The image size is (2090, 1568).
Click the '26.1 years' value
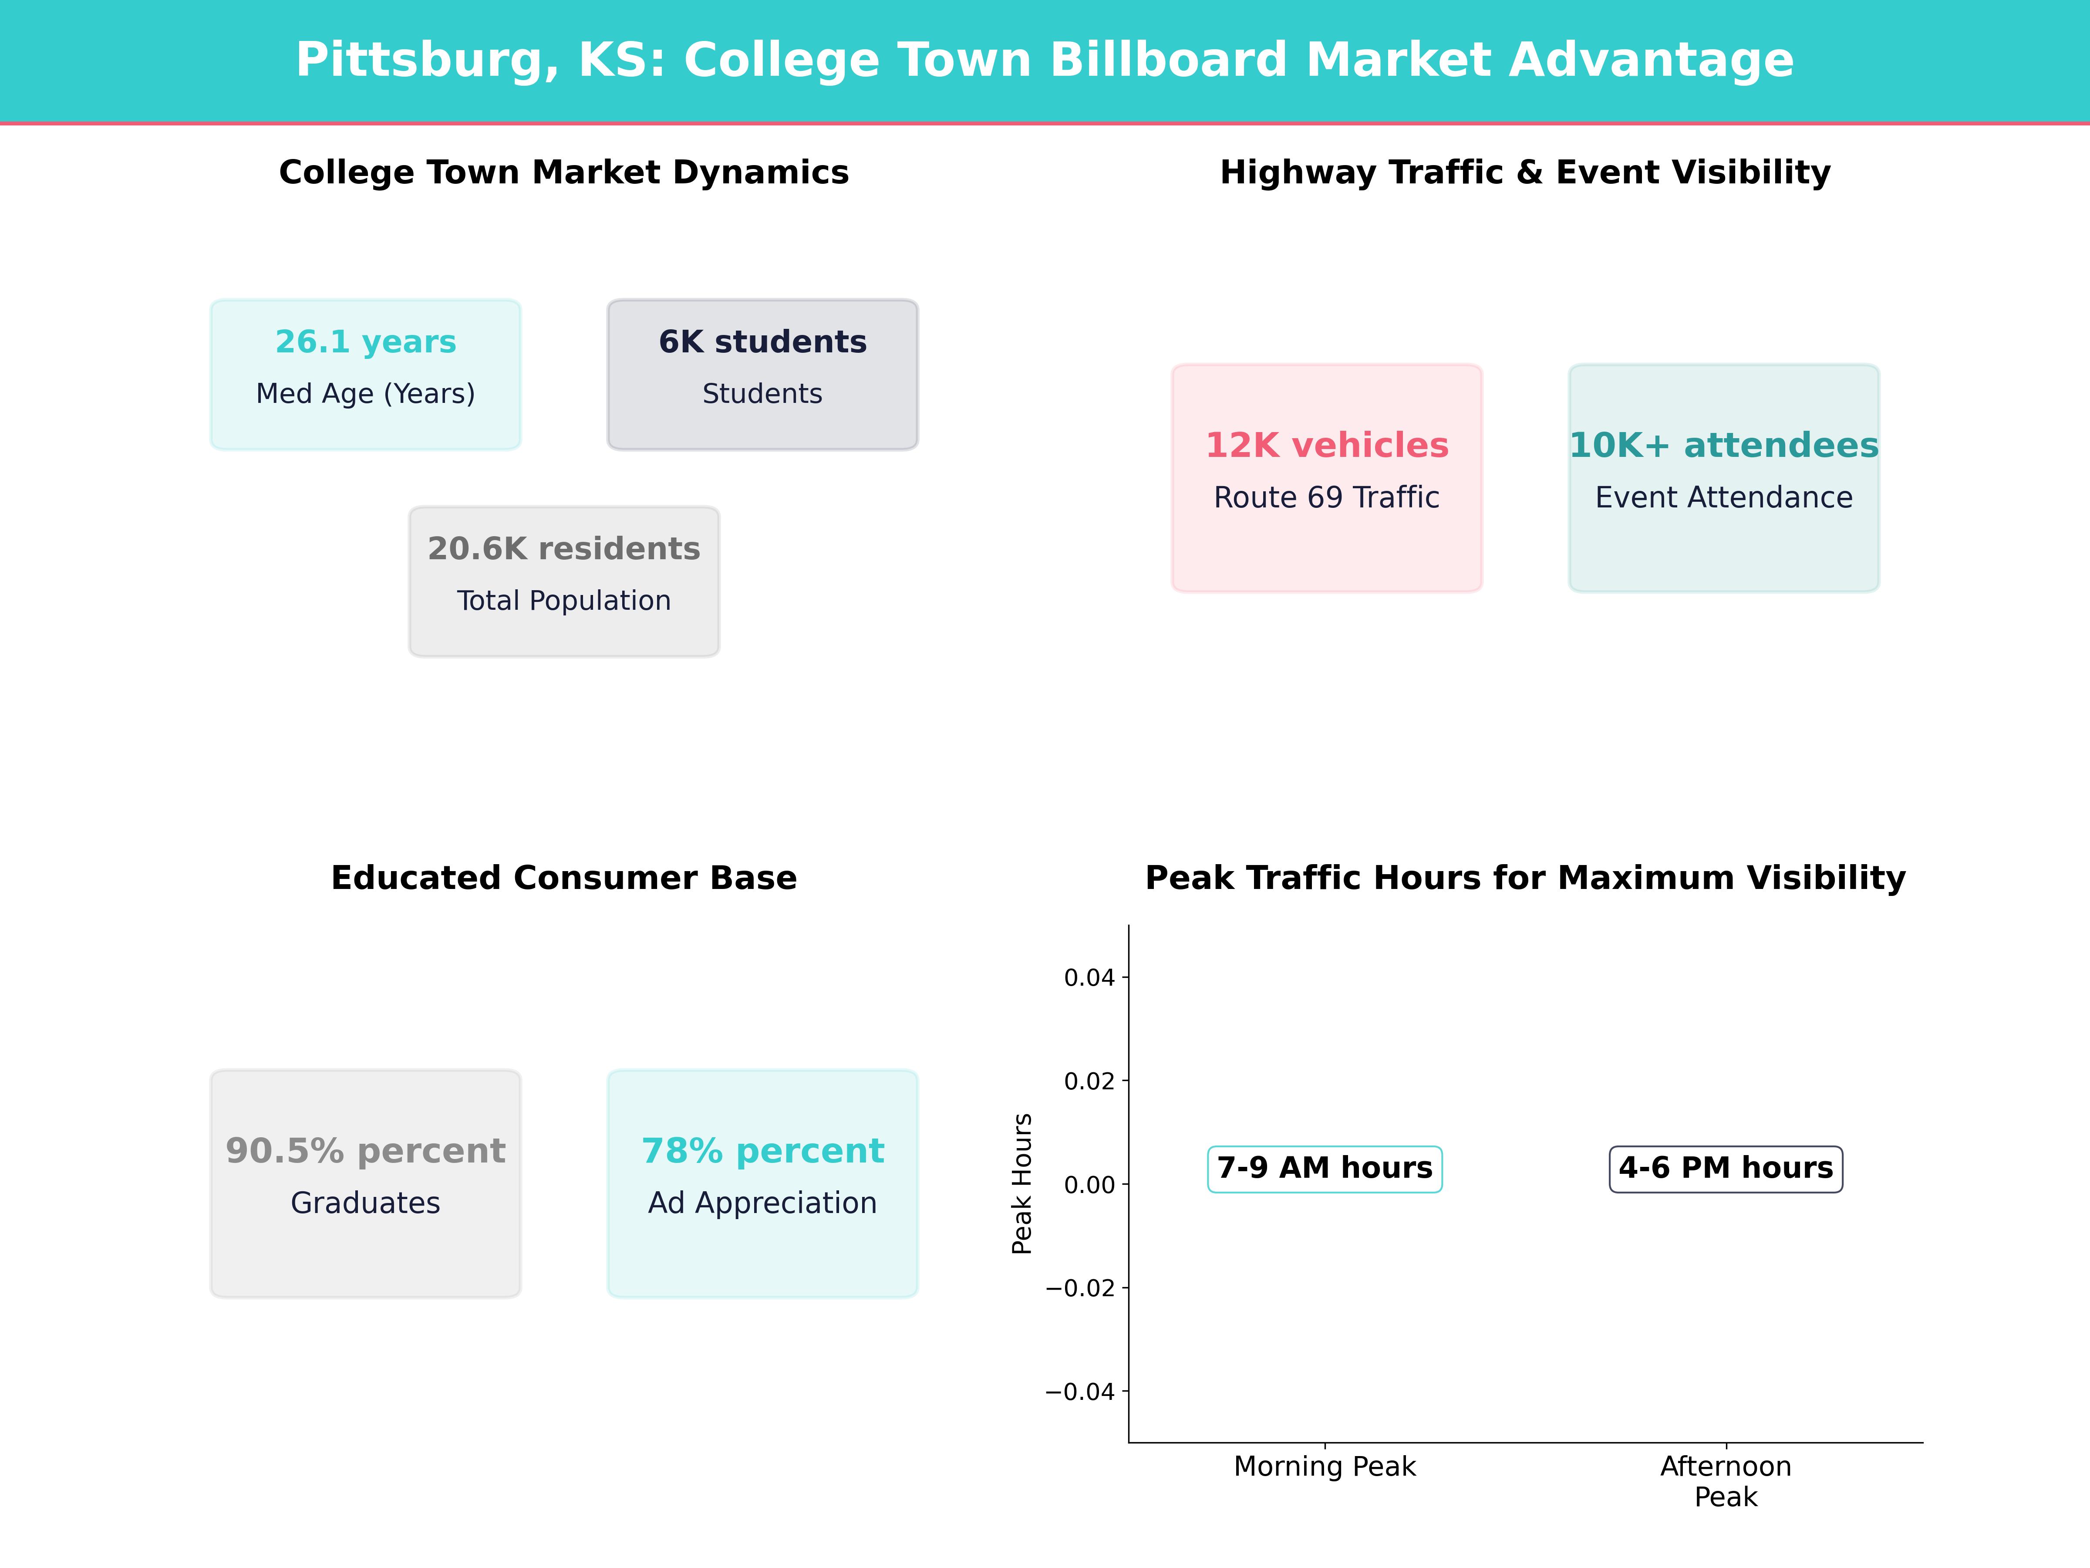[x=366, y=342]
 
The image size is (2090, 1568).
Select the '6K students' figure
[x=762, y=342]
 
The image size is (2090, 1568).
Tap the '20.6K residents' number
[x=564, y=549]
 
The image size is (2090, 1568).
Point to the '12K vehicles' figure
[x=1327, y=445]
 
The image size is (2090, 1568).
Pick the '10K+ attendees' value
[x=1723, y=445]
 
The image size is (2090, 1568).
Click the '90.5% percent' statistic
[x=366, y=1151]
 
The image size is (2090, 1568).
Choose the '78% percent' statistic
[x=762, y=1151]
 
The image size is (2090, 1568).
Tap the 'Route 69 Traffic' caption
[x=1327, y=498]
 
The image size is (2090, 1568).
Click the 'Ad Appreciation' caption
[x=762, y=1203]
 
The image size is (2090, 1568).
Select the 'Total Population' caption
[x=564, y=601]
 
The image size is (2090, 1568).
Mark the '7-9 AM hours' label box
[x=1325, y=1169]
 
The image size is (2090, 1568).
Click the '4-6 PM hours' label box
[x=1725, y=1169]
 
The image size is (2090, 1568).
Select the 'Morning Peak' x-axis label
[x=1325, y=1467]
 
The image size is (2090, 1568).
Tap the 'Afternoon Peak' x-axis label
[x=1725, y=1482]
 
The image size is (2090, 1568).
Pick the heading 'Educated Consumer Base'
[x=564, y=878]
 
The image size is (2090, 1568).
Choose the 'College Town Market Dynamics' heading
[x=564, y=173]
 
